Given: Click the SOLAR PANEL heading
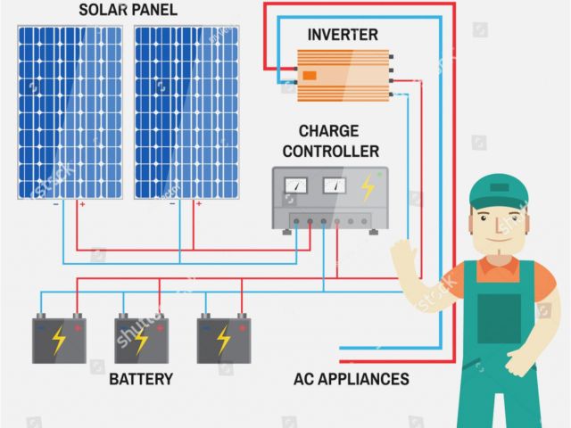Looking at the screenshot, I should click(128, 11).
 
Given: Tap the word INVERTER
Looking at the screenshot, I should click(343, 35).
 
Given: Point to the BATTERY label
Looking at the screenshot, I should click(141, 380).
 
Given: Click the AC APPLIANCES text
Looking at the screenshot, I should click(352, 380).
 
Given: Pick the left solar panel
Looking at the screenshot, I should click(70, 111).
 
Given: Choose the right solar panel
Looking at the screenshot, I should click(186, 111).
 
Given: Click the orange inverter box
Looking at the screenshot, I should click(343, 74).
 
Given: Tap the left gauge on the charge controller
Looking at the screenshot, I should click(295, 186).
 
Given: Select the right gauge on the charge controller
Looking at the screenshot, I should click(335, 186).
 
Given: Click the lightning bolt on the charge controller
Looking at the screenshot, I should click(367, 187).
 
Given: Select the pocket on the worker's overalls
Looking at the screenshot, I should click(499, 317).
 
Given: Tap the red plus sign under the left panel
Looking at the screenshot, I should click(82, 204).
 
